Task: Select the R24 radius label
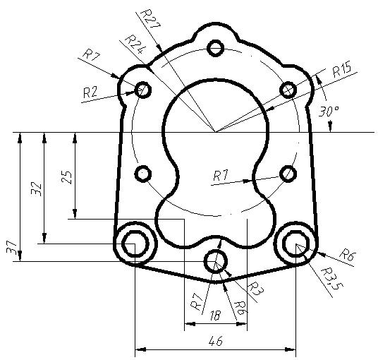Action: pyautogui.click(x=135, y=45)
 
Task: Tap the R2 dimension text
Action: pyautogui.click(x=90, y=92)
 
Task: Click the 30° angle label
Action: pyautogui.click(x=329, y=112)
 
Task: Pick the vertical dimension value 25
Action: pyautogui.click(x=67, y=177)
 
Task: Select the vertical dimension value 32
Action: pyautogui.click(x=37, y=188)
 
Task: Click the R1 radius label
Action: pyautogui.click(x=220, y=176)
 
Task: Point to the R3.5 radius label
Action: pyautogui.click(x=331, y=278)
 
